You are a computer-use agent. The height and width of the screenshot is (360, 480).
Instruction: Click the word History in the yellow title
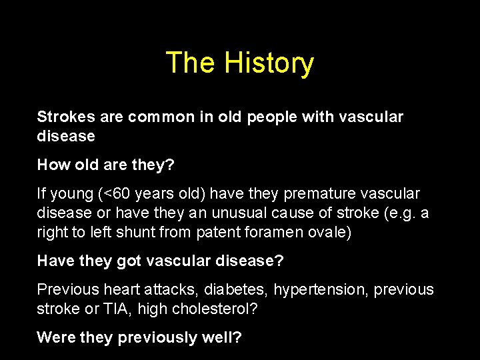(x=269, y=63)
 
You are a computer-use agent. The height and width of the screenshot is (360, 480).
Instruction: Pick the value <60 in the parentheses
(x=116, y=194)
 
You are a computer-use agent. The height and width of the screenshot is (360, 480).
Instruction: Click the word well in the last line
(x=219, y=337)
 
